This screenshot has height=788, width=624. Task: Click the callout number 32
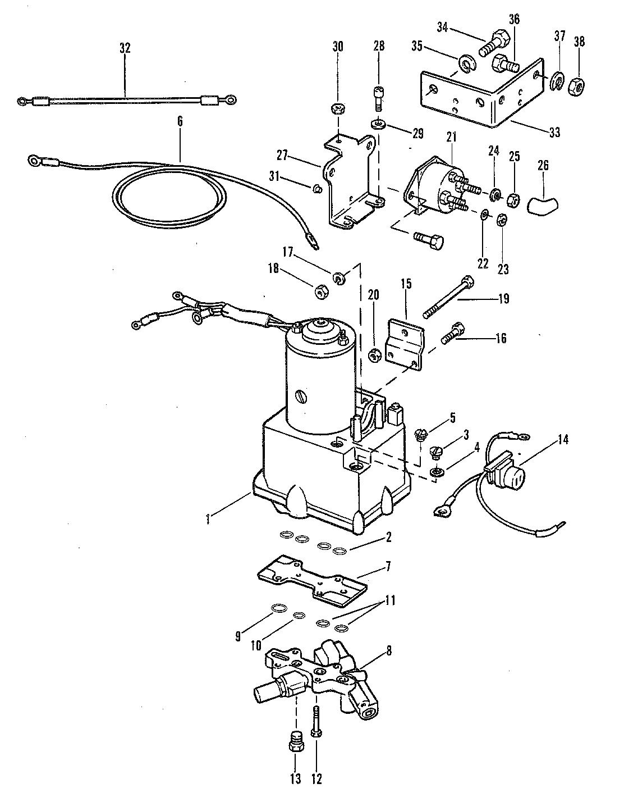click(125, 48)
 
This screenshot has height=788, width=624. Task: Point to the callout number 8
click(389, 651)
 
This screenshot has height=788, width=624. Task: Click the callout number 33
click(554, 133)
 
